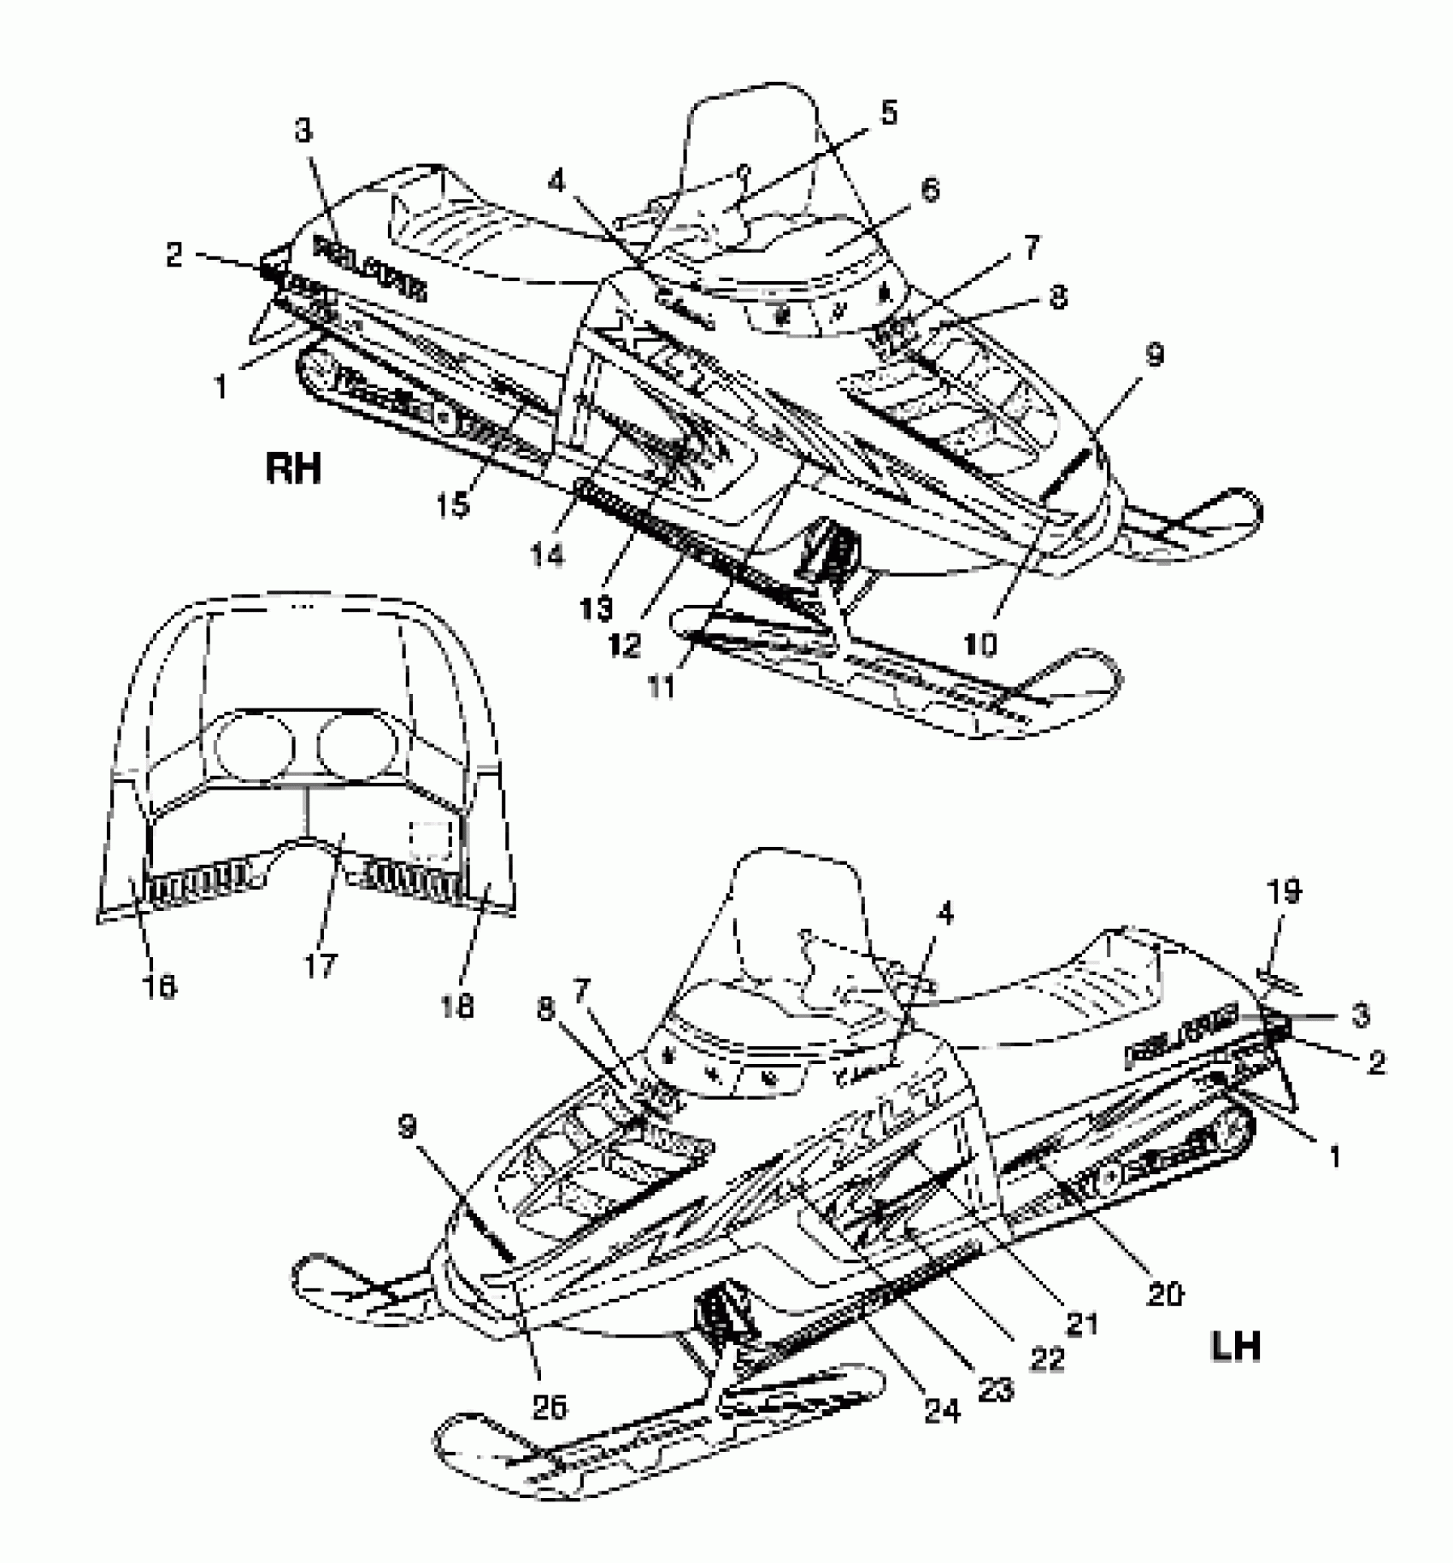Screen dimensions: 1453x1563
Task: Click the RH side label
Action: click(294, 468)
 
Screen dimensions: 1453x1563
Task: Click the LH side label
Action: click(1235, 1348)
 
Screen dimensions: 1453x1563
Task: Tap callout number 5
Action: click(889, 114)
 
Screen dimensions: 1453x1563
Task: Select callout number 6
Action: click(929, 189)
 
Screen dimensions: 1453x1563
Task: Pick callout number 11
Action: click(661, 685)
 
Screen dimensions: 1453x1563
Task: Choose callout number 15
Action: click(454, 505)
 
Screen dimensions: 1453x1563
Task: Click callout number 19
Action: click(1283, 893)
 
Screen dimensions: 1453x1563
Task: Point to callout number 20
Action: click(1163, 1294)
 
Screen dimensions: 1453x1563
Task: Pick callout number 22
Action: click(1046, 1357)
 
